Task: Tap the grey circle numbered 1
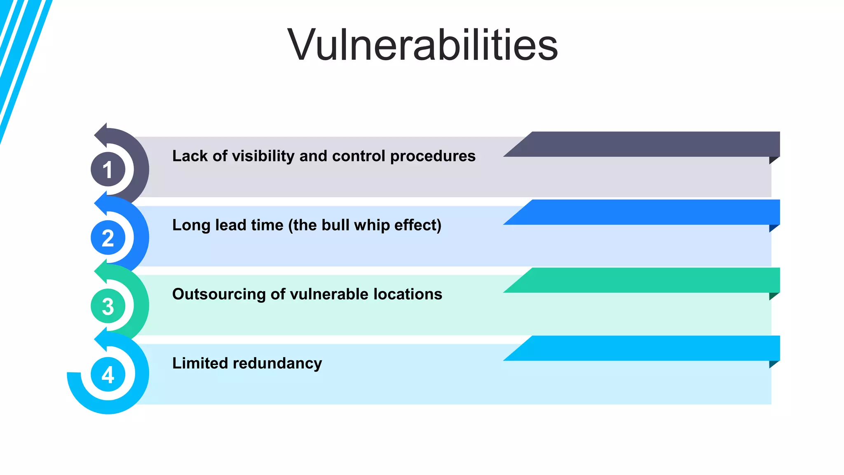[x=108, y=169]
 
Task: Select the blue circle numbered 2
[x=108, y=238]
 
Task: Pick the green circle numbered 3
[x=108, y=306]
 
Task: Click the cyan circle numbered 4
[x=108, y=375]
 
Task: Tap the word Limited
[x=200, y=363]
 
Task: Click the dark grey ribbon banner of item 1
[x=651, y=144]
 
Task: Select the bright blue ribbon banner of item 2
[x=651, y=212]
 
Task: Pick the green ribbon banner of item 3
[x=651, y=280]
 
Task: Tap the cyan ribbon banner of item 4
[x=651, y=348]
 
